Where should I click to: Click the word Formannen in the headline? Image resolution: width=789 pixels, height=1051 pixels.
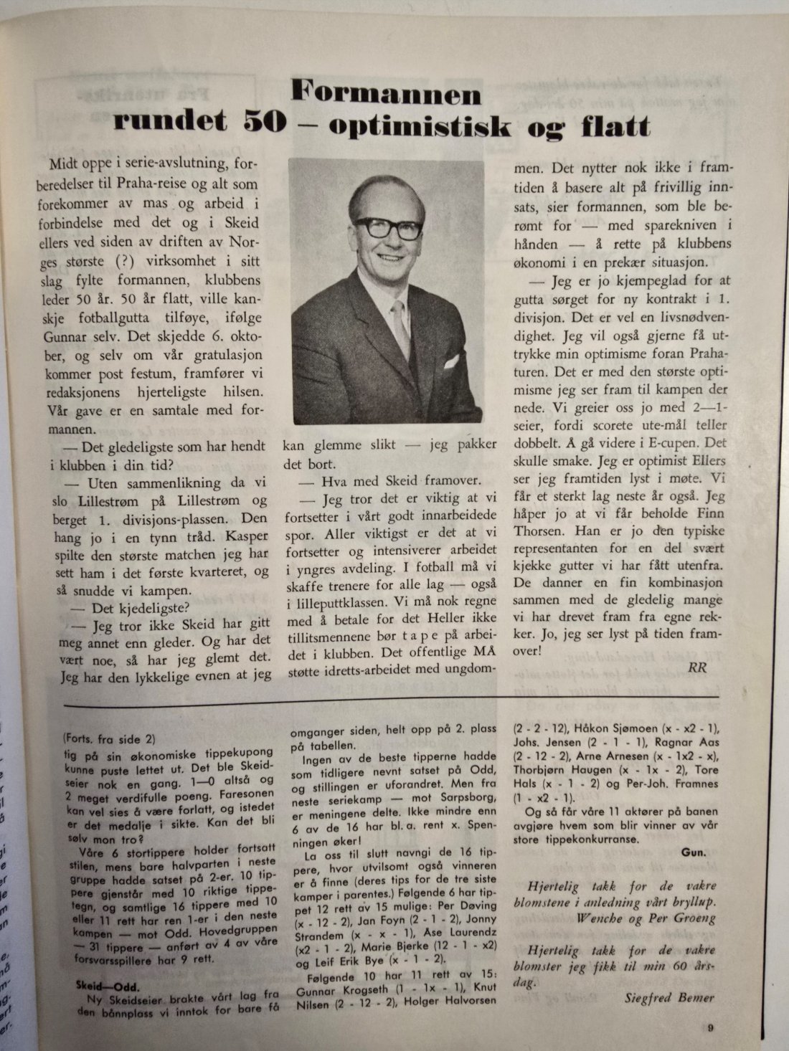pos(387,94)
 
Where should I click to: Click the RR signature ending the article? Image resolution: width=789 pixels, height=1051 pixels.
pos(697,667)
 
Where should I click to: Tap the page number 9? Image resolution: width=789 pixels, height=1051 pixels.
pos(709,1027)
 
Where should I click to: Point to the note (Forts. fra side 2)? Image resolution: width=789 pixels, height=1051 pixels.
pos(109,738)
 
